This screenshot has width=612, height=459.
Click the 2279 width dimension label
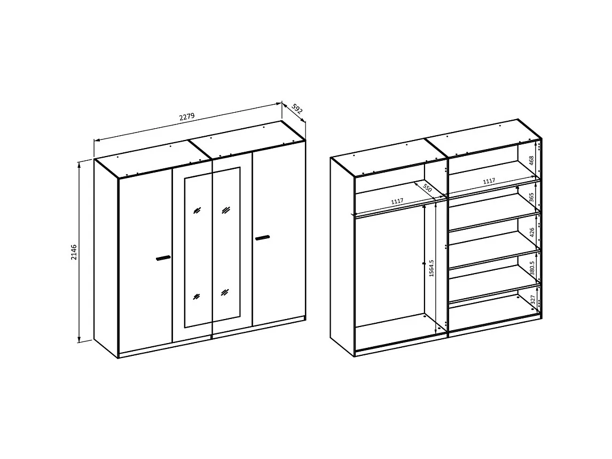(x=187, y=117)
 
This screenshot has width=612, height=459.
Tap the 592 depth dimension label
(x=297, y=109)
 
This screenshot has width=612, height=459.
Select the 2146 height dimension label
(x=74, y=252)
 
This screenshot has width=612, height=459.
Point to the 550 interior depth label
(x=427, y=188)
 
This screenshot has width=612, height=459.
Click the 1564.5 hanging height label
(x=431, y=268)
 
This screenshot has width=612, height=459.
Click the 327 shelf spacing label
(x=532, y=299)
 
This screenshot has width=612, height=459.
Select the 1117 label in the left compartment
(x=396, y=201)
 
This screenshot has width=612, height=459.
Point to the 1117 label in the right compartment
(x=488, y=182)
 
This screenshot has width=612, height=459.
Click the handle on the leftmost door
(x=163, y=258)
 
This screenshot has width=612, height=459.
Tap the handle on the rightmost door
(x=263, y=237)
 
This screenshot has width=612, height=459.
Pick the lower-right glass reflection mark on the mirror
(x=225, y=292)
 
